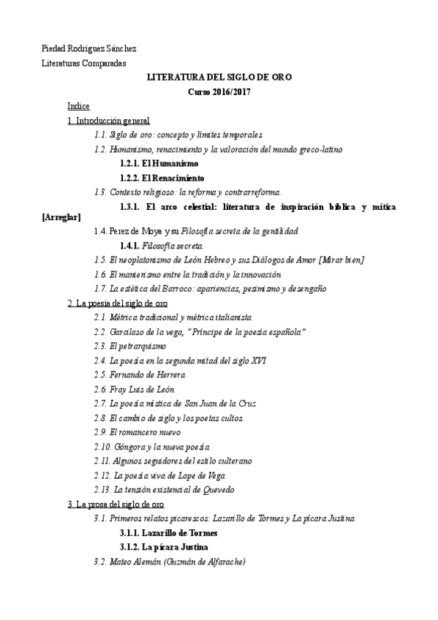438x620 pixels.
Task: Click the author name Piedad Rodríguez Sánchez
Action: (89, 49)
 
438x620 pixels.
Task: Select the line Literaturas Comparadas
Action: (84, 64)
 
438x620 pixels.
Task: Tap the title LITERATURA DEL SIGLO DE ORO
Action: (219, 78)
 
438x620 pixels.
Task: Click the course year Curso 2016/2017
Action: (219, 92)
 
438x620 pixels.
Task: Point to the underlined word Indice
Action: (78, 106)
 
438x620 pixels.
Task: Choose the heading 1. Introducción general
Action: (108, 121)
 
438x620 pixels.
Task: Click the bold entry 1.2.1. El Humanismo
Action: (159, 164)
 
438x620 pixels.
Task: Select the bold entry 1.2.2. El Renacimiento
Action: (162, 178)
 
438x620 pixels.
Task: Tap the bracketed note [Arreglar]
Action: (61, 217)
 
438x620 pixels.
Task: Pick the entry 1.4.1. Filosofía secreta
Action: (162, 245)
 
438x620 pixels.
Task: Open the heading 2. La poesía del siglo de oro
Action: (118, 303)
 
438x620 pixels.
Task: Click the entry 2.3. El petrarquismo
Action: (133, 346)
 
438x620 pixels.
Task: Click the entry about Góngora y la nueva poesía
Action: (152, 447)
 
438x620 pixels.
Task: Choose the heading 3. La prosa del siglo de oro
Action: (116, 504)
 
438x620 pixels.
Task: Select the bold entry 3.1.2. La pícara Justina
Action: (165, 547)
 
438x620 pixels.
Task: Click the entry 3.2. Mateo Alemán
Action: (170, 562)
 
